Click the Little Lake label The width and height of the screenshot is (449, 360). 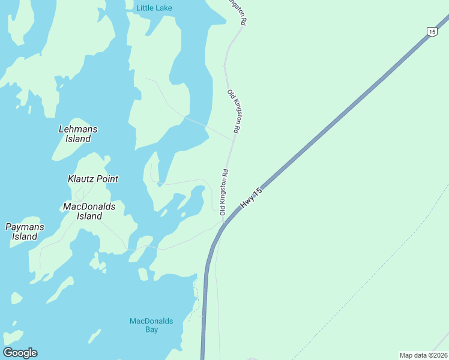pos(154,8)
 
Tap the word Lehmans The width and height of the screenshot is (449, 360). pos(78,129)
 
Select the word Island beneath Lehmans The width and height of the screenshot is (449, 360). pos(78,139)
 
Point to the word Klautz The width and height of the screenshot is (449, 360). pos(81,179)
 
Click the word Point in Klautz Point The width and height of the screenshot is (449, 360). pos(107,179)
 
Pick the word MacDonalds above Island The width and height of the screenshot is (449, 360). pos(89,206)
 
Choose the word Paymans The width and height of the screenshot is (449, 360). pos(25,227)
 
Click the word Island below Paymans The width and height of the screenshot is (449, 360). pos(25,236)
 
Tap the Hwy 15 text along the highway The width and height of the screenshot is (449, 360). pos(252,198)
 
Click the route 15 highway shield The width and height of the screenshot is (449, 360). pos(431,31)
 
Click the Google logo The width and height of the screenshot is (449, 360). pos(20,352)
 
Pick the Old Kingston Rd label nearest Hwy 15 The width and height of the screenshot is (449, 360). pos(224,192)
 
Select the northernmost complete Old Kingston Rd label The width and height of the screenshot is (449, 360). pos(234,111)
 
